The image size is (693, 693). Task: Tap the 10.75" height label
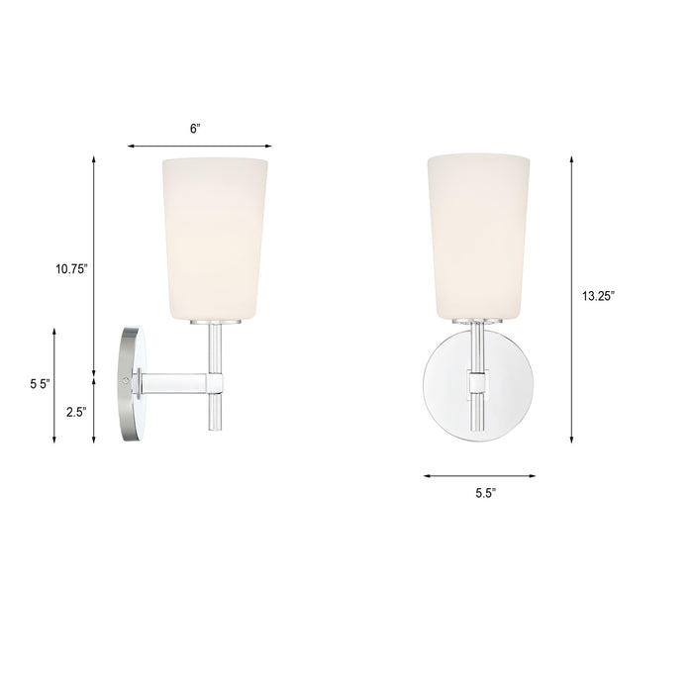(71, 267)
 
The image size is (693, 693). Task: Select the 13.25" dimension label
(600, 294)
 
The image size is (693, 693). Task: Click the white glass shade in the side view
(215, 238)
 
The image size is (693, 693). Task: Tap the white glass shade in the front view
(478, 238)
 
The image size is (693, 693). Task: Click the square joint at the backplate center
(478, 380)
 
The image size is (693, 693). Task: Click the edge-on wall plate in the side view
(130, 380)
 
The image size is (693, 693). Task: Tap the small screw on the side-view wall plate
(125, 378)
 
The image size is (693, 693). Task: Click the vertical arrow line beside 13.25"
(572, 298)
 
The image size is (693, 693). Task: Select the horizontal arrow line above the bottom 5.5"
(479, 476)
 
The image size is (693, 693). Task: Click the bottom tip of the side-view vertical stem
(214, 426)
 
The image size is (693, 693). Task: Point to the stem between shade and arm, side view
(214, 346)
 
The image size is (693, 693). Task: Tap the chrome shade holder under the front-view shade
(478, 322)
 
